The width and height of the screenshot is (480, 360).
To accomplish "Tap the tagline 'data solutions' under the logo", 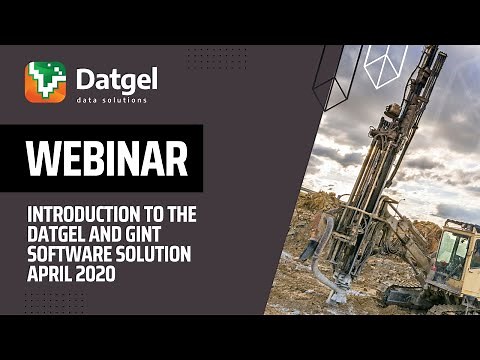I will tap(111, 99).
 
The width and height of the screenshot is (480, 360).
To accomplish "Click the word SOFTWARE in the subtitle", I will tap(66, 254).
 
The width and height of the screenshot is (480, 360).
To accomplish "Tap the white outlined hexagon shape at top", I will tap(386, 65).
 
